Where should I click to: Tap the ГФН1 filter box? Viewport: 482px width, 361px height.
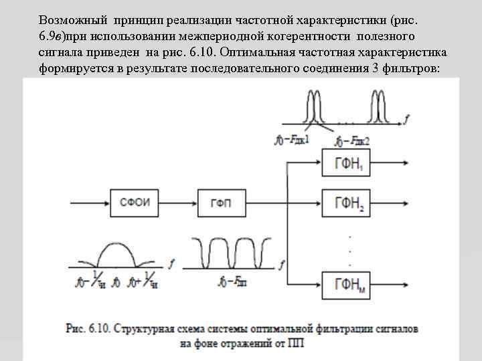347,162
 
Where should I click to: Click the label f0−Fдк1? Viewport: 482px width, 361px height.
293,141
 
